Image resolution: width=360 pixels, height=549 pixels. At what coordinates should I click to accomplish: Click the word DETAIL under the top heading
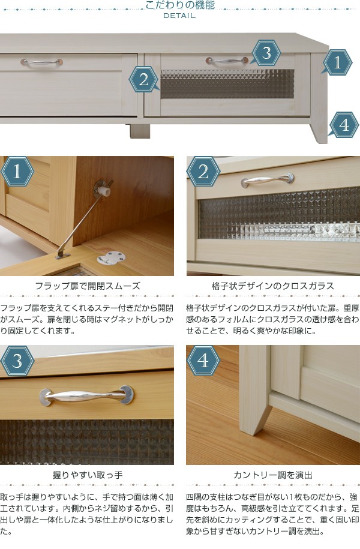click(x=179, y=16)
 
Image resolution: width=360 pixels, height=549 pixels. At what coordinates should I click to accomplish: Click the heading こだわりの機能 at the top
click(x=179, y=5)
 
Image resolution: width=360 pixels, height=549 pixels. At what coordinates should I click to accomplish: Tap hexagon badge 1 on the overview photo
click(x=337, y=62)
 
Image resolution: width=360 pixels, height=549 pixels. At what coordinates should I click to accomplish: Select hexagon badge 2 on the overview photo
click(x=143, y=79)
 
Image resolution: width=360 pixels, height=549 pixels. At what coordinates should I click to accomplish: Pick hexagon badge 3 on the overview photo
click(x=266, y=53)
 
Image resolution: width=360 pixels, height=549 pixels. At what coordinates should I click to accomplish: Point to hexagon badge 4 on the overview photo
click(x=344, y=125)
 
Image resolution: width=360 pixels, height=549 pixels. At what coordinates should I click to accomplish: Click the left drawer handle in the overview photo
click(x=41, y=62)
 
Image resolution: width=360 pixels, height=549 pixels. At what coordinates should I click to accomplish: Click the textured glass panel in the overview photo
click(x=227, y=84)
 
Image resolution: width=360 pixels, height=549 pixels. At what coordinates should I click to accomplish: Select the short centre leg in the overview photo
click(x=140, y=131)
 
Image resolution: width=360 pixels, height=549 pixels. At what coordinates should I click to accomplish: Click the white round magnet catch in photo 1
click(x=110, y=258)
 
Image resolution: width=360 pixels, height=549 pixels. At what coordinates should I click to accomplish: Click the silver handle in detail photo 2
click(x=268, y=180)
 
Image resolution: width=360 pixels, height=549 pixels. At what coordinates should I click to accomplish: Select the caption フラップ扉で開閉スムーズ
click(x=88, y=286)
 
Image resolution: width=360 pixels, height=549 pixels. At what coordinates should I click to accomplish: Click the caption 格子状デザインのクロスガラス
click(x=273, y=286)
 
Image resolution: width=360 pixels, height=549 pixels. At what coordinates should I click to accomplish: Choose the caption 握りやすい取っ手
click(x=88, y=475)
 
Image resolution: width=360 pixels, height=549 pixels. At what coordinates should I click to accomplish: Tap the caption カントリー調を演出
click(x=273, y=475)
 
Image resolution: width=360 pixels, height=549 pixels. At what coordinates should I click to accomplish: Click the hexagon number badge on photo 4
click(x=203, y=361)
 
